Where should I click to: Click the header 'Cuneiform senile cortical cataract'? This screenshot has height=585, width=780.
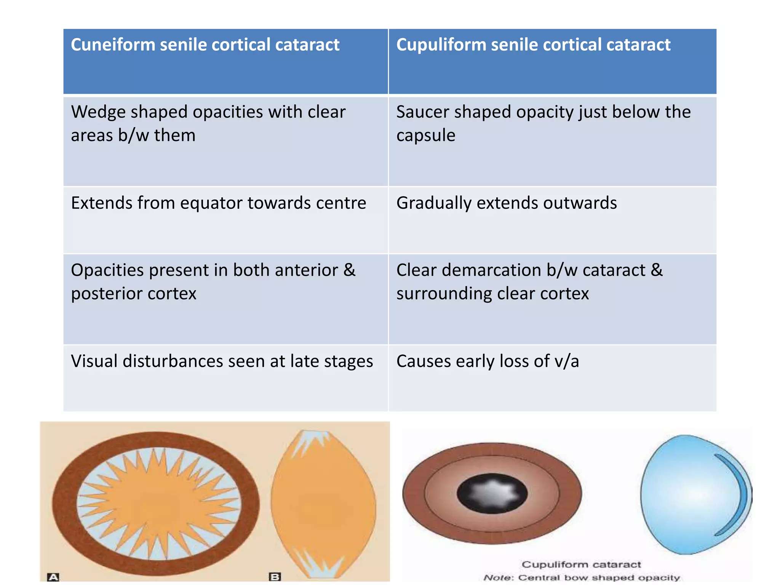pos(205,45)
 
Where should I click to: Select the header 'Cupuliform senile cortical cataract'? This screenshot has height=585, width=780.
pos(533,45)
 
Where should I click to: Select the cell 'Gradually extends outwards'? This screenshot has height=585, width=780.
pos(507,203)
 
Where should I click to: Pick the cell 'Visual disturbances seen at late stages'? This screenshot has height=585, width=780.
pos(222,361)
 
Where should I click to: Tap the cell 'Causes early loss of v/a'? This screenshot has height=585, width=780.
pos(487,361)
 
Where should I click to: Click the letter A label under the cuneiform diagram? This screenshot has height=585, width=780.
pos(53,577)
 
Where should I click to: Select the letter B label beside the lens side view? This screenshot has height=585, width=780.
pos(275,577)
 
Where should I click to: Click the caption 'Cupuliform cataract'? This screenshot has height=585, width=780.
pos(581,564)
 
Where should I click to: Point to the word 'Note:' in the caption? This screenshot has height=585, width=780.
pos(499,578)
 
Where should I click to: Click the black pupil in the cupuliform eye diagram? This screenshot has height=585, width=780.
pos(492,494)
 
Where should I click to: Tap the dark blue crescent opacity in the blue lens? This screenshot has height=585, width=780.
pos(737,495)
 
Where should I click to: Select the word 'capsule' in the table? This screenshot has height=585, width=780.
pos(426,136)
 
